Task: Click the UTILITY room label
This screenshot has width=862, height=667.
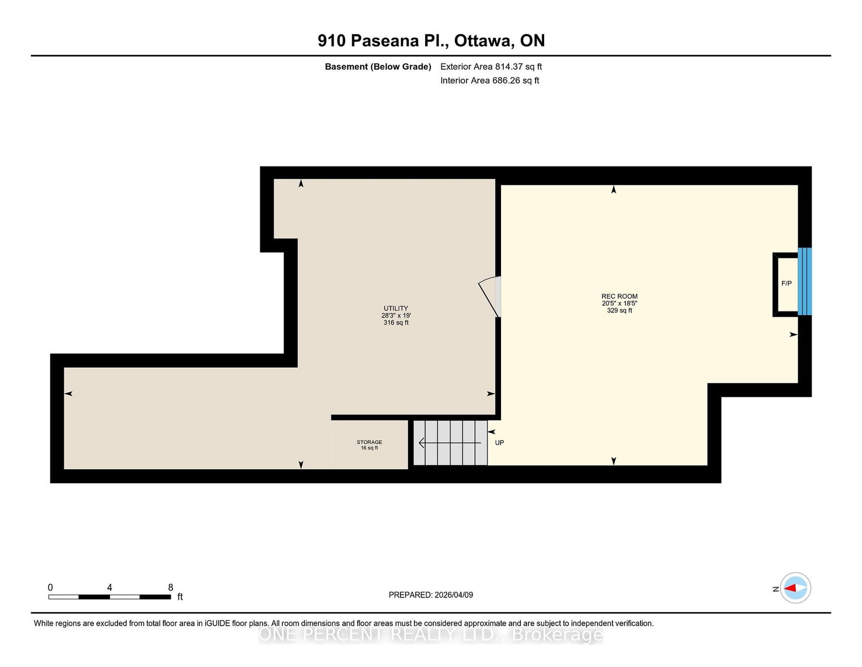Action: [x=395, y=308]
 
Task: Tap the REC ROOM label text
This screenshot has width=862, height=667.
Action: [x=619, y=296]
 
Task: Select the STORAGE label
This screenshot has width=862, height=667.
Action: [x=370, y=442]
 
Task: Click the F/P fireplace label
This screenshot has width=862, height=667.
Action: [x=786, y=283]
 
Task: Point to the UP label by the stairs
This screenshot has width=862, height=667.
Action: [x=499, y=442]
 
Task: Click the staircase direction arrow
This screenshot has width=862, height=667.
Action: [x=450, y=442]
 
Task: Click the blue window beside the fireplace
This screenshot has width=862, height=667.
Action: [x=804, y=281]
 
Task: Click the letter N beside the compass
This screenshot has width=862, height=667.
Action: [x=775, y=589]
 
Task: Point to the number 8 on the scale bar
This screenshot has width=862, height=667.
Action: [x=171, y=587]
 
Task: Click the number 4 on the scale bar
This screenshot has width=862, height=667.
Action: [x=109, y=587]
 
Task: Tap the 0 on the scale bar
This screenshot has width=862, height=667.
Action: [x=51, y=587]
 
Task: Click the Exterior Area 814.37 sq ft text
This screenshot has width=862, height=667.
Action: [x=491, y=66]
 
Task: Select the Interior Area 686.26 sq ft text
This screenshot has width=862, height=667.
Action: [x=490, y=80]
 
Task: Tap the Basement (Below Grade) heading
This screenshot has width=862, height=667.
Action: [x=378, y=67]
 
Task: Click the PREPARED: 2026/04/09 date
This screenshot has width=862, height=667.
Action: [x=431, y=595]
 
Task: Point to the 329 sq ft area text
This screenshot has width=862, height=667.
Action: [x=619, y=310]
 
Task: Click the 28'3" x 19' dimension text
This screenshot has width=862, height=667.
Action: [x=396, y=315]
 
